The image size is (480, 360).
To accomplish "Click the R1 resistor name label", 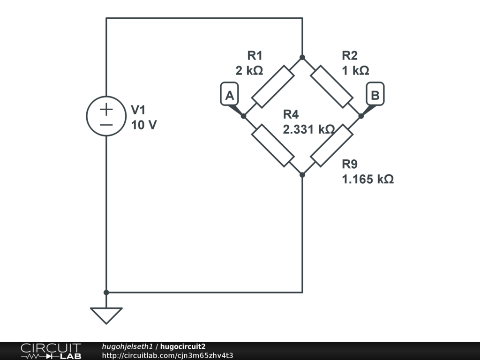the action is coord(255,56).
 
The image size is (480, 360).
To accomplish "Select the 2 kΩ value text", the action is coord(249,71).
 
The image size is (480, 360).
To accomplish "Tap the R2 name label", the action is coord(350,56).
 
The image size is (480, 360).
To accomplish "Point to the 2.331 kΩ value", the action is coord(308,129).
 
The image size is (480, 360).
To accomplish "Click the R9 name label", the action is coord(350,164).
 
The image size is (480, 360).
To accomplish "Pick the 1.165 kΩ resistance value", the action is coord(367,179).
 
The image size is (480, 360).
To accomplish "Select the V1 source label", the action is coord(138,110).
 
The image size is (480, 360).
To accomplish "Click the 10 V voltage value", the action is coord(144,125).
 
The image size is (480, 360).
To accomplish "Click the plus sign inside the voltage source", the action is coord(107,109).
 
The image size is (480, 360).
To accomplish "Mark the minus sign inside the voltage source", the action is coord(107,125).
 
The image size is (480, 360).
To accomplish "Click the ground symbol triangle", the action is coord(106,315).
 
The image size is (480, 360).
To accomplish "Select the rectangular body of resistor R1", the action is coord(272,87).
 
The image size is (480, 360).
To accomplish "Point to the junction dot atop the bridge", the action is coord(302,57).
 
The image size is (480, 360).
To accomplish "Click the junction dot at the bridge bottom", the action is coord(302,175).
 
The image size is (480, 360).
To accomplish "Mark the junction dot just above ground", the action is coord(106,292).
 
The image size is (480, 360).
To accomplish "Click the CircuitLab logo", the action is coord(51,351).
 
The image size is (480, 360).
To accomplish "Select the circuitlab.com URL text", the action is coord(167,355).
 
